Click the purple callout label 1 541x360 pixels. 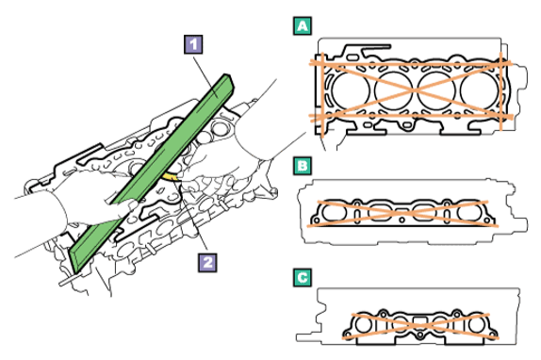pos(193,44)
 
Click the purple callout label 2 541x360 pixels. pos(207,263)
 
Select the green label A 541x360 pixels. pos(303,25)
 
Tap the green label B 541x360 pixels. pos(303,166)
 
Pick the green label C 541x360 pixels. pos(303,278)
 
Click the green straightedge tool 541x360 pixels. pos(152,173)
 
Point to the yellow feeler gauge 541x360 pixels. pos(170,177)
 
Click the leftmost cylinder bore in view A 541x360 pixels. pos(351,90)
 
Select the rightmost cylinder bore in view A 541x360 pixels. pos(479,90)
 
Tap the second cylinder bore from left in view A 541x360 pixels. pos(393,90)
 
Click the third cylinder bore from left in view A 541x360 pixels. pos(436,90)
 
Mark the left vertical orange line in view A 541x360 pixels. pos(322,95)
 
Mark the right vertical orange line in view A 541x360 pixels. pos(500,91)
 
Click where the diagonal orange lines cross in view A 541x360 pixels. pos(414,90)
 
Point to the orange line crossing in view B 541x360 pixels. pos(402,213)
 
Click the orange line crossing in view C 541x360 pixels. pos(419,326)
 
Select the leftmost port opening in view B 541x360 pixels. pos(334,213)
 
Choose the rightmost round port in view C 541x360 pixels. pos(477,325)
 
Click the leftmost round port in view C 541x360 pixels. pos(363,325)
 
